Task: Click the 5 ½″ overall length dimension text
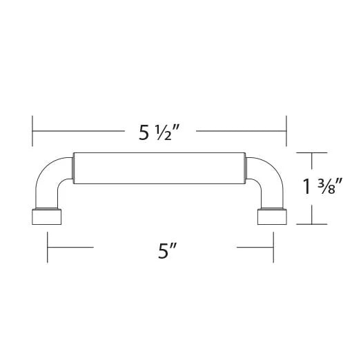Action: point(159,132)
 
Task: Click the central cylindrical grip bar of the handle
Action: point(159,168)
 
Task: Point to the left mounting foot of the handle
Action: point(46,217)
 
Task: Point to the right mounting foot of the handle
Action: point(272,217)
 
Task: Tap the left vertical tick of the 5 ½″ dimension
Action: point(32,131)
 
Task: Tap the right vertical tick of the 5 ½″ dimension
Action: point(286,131)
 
